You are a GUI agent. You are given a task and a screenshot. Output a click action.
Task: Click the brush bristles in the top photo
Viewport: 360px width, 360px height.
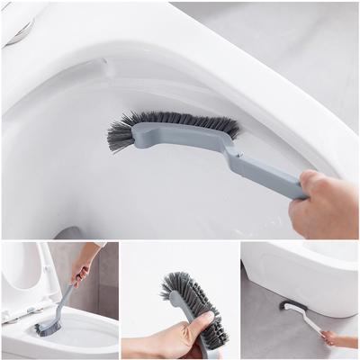(171, 126)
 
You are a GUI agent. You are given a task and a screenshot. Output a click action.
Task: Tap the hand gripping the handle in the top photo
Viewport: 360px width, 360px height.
(324, 205)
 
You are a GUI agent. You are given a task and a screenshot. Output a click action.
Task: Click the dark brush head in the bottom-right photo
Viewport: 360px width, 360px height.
(286, 306)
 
